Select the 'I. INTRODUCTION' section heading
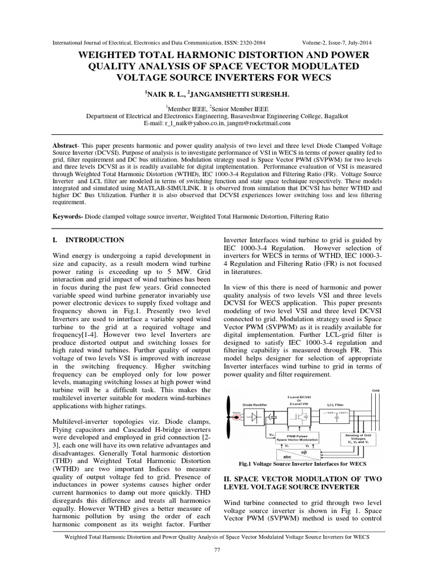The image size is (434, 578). pyautogui.click(x=88, y=240)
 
